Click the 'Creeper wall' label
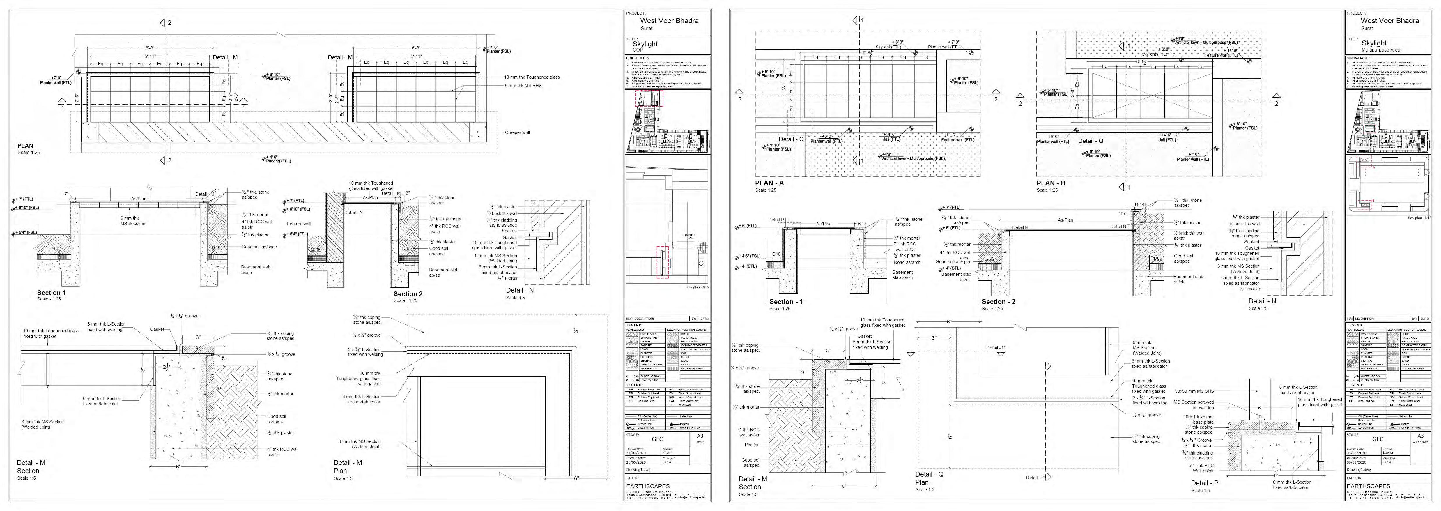pos(517,133)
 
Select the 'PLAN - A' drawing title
pos(769,183)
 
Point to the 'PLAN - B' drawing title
pos(1051,183)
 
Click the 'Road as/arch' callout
pos(907,262)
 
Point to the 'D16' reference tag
pos(776,254)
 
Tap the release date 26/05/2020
pos(636,462)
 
